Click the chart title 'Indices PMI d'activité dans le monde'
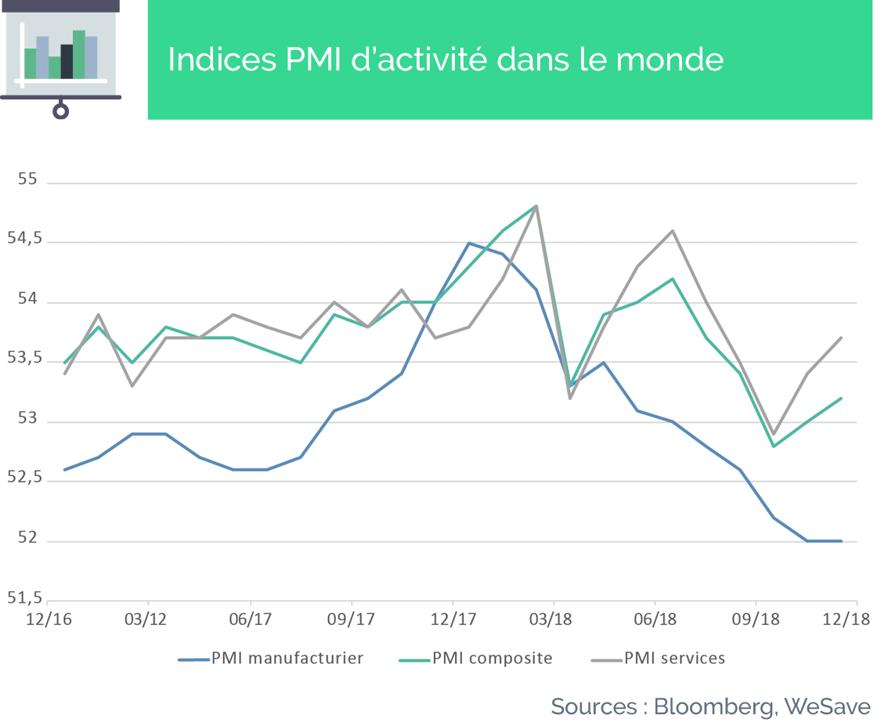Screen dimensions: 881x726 (x=446, y=60)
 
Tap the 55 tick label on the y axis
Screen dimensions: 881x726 (x=27, y=179)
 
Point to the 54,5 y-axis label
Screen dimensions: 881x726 (x=25, y=239)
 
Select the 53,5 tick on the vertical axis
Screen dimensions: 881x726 (x=25, y=359)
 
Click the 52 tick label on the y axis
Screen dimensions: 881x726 (x=27, y=538)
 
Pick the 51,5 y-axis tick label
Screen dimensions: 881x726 (x=25, y=598)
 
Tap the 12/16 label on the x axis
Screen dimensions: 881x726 (x=49, y=619)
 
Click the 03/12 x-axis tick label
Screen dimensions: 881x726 (x=146, y=619)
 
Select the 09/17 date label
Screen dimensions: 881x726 (x=351, y=619)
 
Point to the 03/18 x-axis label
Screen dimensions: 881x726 (x=551, y=619)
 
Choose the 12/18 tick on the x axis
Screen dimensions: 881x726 (x=847, y=619)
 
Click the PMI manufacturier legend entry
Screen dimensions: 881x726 (x=271, y=658)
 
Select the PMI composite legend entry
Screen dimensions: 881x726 (x=476, y=658)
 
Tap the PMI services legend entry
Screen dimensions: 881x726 (x=658, y=658)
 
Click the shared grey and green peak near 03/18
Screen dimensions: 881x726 (x=536, y=206)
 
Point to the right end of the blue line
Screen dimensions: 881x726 (x=841, y=541)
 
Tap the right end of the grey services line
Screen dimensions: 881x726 (x=841, y=338)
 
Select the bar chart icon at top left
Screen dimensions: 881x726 (x=60, y=59)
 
